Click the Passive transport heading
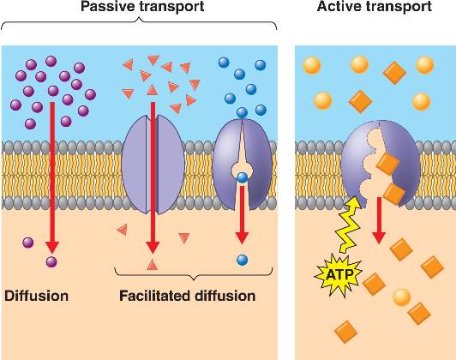click(x=142, y=6)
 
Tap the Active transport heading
click(x=375, y=6)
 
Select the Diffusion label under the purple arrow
click(x=36, y=296)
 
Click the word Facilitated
click(x=155, y=296)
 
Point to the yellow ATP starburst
click(x=339, y=275)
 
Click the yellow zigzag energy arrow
click(x=348, y=224)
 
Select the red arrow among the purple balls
click(x=52, y=177)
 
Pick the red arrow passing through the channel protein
click(x=153, y=177)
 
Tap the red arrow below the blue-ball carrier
click(x=242, y=214)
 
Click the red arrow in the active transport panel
click(x=379, y=220)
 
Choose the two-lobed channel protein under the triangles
click(x=153, y=165)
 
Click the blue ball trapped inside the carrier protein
click(x=242, y=177)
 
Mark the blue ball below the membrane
click(x=243, y=260)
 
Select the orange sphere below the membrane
click(x=402, y=297)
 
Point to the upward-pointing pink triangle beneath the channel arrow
click(x=152, y=264)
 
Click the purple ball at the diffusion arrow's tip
click(x=51, y=261)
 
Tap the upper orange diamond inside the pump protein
click(x=387, y=164)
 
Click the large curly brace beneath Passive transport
click(x=139, y=22)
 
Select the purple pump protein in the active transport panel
click(x=381, y=164)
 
